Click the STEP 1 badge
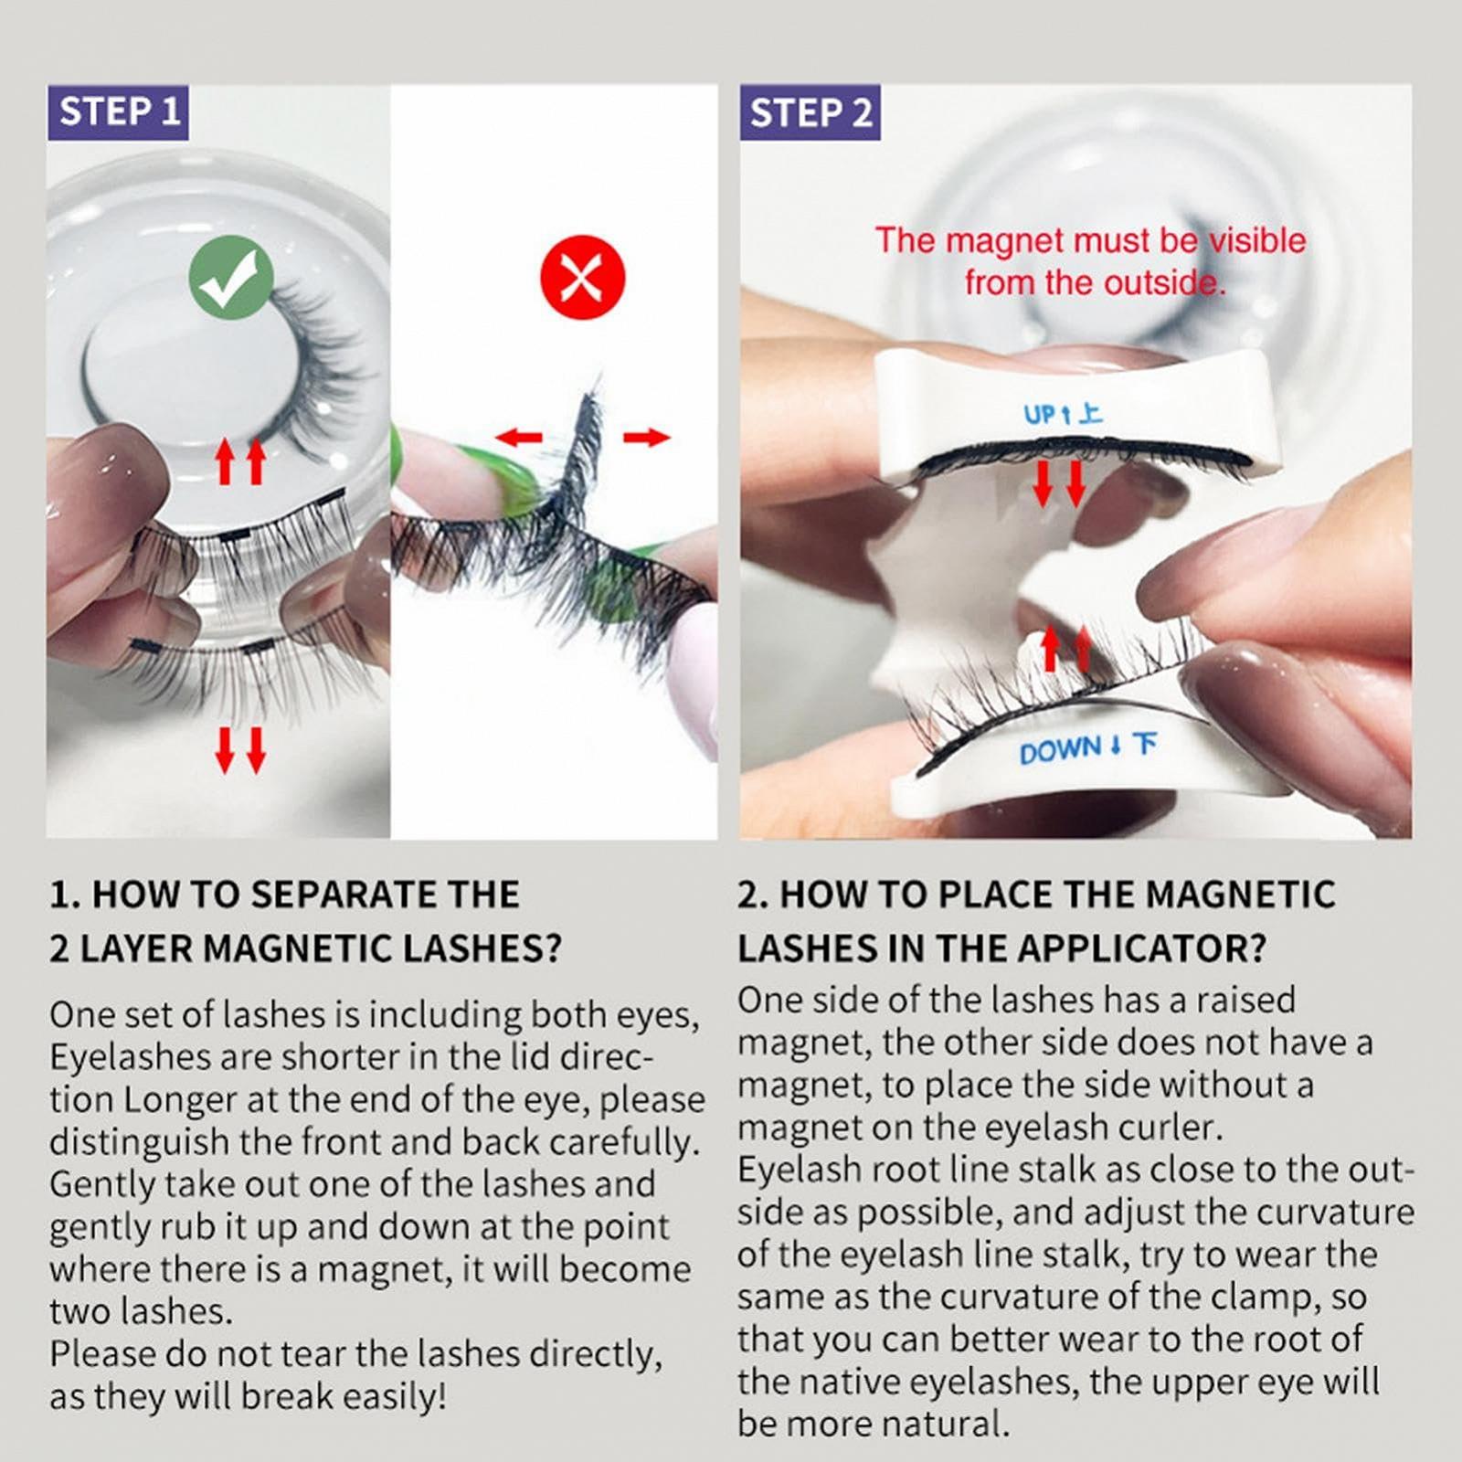(118, 112)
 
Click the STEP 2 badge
(810, 112)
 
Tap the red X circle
(583, 276)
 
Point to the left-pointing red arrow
(518, 438)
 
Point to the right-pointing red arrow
(646, 438)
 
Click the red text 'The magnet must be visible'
(1090, 240)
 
